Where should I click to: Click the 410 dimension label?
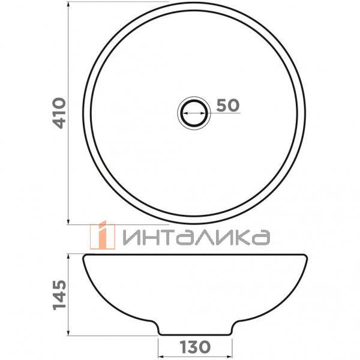(59, 113)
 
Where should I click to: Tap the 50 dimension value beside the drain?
(227, 105)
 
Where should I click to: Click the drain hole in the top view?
(194, 112)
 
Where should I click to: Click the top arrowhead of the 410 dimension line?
(70, 4)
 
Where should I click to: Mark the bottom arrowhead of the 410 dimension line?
(70, 221)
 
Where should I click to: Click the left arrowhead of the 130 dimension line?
(160, 354)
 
